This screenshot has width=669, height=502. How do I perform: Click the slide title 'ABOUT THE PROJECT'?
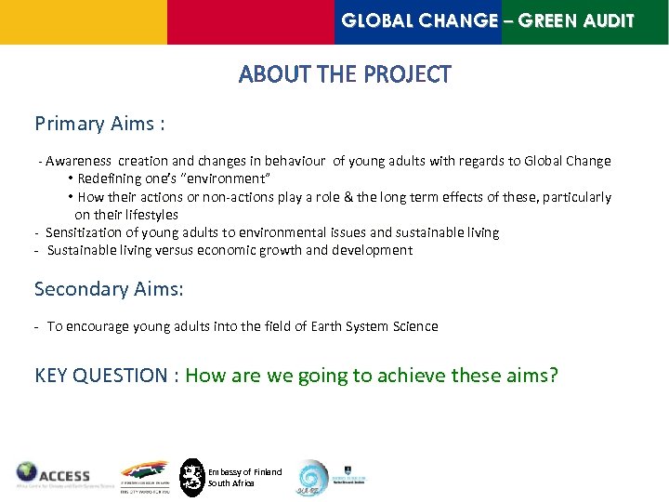click(345, 74)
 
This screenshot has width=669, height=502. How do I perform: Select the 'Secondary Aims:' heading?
click(109, 289)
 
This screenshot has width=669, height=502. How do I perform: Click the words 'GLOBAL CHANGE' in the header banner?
click(419, 20)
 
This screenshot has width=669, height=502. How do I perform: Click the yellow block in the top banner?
click(83, 21)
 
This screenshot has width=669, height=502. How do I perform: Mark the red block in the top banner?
click(250, 21)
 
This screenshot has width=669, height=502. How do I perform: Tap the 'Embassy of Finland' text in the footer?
click(244, 472)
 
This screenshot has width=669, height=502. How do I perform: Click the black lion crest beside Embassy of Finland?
click(191, 477)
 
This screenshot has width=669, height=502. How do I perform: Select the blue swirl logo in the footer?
click(311, 478)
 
